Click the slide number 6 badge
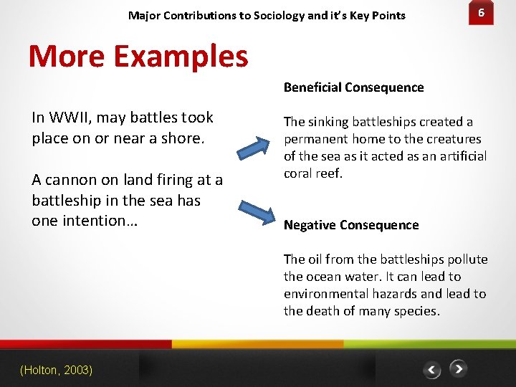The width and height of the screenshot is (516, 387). tap(482, 14)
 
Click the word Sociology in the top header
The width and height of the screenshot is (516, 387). tap(280, 15)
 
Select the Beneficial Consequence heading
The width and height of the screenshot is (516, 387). tap(353, 87)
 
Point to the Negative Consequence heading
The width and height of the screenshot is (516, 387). tap(351, 225)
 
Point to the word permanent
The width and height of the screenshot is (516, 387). tap(320, 139)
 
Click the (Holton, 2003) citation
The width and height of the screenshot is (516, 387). tap(56, 370)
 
